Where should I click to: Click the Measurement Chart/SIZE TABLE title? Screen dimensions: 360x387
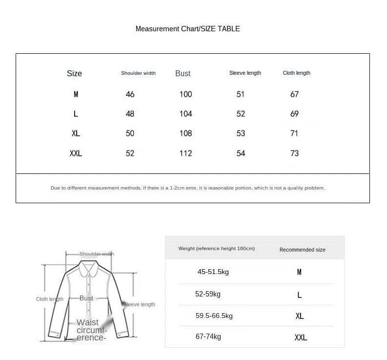[x=187, y=29]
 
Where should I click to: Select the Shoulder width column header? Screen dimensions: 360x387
[x=138, y=73]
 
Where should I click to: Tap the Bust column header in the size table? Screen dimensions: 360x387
[x=183, y=73]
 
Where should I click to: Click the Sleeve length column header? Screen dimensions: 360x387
[x=245, y=73]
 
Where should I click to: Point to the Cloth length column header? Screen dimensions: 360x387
[x=296, y=73]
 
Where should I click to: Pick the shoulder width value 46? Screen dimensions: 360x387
[x=130, y=94]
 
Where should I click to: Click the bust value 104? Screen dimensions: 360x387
[x=185, y=114]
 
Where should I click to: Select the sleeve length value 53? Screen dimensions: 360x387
[x=241, y=133]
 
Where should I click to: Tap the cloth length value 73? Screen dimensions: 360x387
[x=294, y=153]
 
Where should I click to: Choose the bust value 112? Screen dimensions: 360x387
[x=185, y=153]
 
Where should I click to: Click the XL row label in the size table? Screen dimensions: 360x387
[x=76, y=133]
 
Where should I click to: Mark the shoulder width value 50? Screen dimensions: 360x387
[x=130, y=133]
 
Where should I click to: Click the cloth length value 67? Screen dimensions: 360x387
[x=294, y=94]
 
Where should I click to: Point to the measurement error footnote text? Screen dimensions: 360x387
[x=187, y=188]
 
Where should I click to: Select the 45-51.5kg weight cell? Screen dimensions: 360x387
[x=213, y=272]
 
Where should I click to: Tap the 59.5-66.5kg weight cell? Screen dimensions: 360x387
[x=214, y=316]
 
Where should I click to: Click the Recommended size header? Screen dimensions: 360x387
[x=302, y=250]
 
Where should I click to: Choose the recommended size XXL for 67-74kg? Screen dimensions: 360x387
[x=301, y=338]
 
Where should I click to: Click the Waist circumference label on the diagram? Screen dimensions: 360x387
[x=91, y=330]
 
